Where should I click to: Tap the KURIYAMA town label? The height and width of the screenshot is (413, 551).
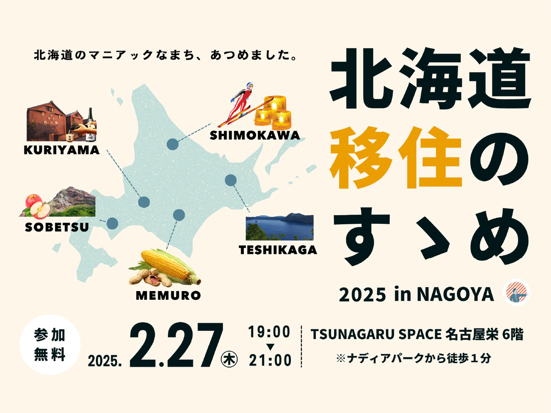(61, 150)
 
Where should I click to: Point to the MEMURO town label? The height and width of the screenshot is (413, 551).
(168, 295)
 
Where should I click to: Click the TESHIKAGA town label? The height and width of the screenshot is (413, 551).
(278, 250)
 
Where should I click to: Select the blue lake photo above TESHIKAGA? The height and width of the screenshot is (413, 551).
(280, 226)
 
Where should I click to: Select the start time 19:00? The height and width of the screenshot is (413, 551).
(270, 331)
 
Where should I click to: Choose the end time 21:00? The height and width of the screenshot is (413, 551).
(270, 360)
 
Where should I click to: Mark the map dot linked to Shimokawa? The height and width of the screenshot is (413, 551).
(173, 144)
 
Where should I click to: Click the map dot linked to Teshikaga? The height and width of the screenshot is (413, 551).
(231, 180)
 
